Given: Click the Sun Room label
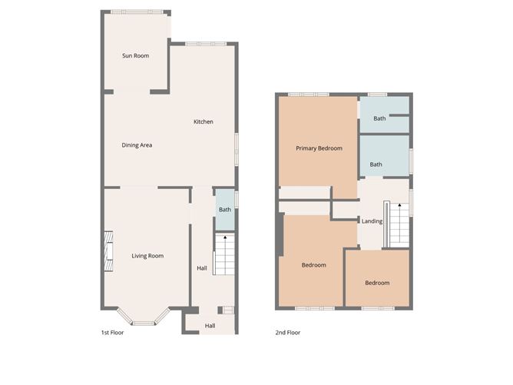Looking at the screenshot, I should point(135,55).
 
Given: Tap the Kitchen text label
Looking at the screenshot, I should point(203,121).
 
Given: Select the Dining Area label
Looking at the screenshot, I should point(137,144).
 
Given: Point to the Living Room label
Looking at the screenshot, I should point(147,256).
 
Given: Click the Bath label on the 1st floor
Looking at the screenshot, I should point(224,210).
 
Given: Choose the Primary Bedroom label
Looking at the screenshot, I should point(319,148).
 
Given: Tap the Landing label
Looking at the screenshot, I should point(372,221).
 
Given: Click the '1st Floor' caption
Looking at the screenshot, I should point(112,333).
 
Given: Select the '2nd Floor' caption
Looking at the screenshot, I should point(288,333).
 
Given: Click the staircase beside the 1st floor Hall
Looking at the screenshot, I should point(223,255).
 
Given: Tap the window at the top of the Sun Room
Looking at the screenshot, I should point(137,12).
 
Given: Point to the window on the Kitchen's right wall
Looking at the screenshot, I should point(237,148).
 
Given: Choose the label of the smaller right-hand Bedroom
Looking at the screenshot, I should point(376,283).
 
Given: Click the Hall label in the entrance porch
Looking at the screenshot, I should point(210,326).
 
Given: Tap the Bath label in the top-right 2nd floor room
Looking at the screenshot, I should point(379,118).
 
